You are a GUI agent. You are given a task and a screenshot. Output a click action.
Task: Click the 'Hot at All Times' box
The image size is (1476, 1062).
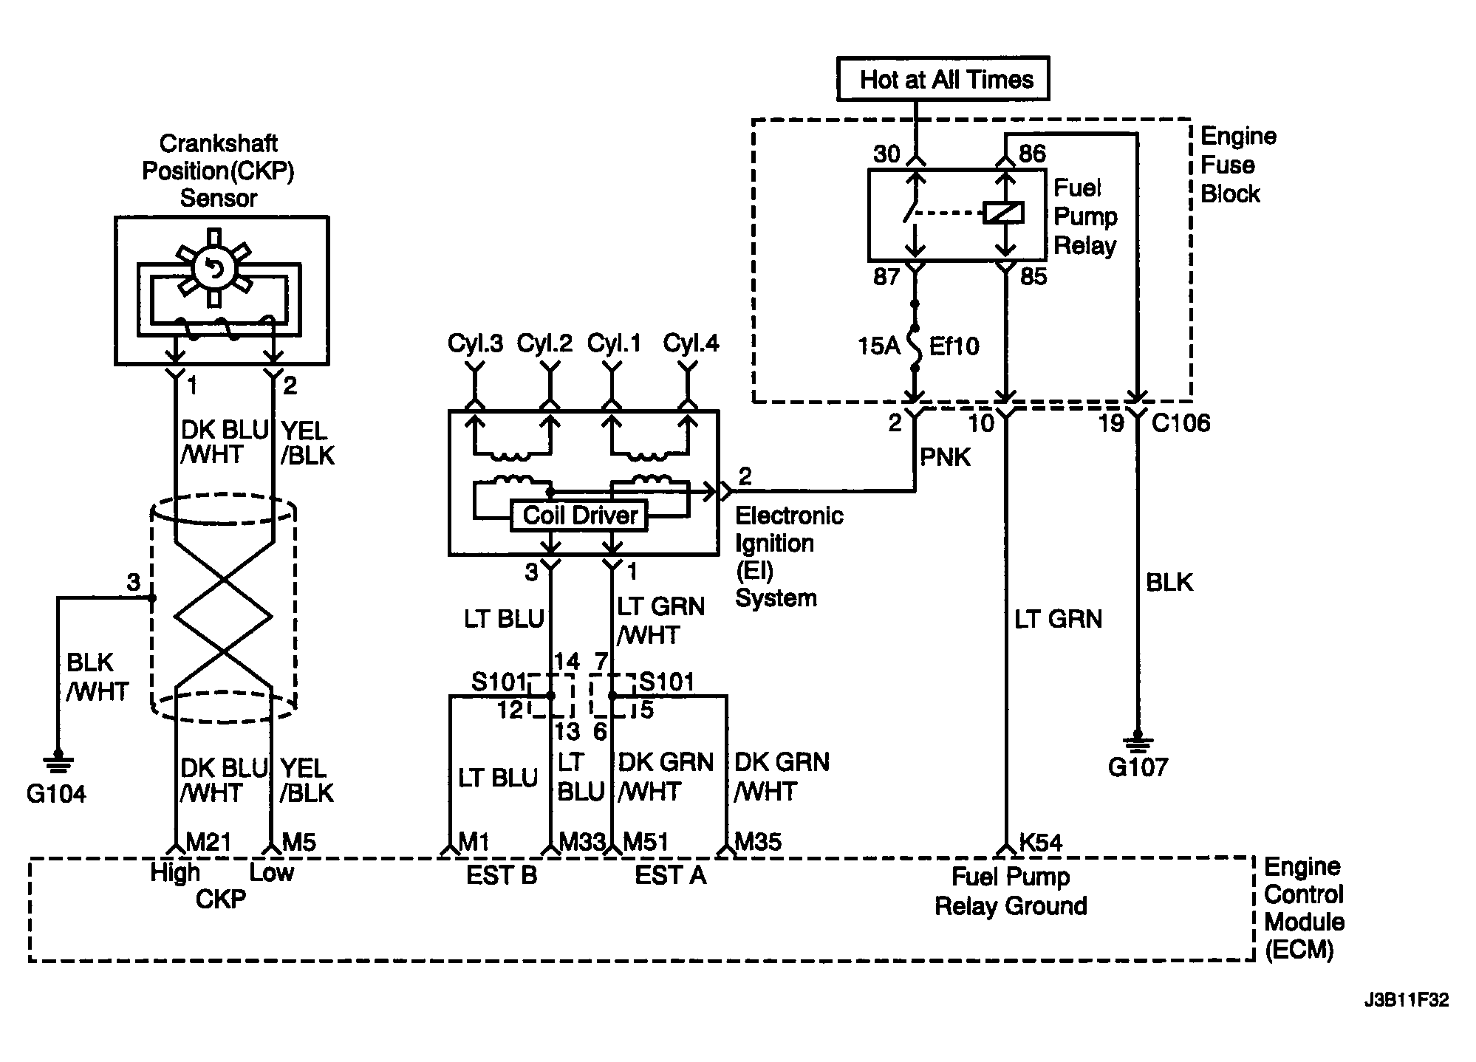(x=943, y=79)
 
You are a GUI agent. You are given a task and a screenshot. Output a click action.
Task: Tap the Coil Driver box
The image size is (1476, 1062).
(x=580, y=515)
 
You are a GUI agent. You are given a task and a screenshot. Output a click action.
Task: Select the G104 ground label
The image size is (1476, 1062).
(x=56, y=795)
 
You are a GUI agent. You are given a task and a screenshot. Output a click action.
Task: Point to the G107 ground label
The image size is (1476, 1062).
(x=1138, y=767)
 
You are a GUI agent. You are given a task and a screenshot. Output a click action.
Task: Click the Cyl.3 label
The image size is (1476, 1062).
(x=475, y=343)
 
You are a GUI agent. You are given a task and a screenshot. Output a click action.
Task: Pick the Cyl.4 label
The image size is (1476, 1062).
(x=691, y=343)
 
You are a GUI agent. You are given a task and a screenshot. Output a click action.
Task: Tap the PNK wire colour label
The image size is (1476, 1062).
(x=945, y=458)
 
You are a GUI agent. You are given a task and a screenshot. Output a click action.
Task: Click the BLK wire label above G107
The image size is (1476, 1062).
(x=1169, y=583)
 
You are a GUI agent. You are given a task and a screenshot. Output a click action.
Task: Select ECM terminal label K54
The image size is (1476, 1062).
(x=1040, y=843)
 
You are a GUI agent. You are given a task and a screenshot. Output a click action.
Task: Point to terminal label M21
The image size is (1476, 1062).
(x=208, y=842)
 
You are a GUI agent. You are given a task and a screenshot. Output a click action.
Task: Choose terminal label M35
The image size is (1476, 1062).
(x=758, y=842)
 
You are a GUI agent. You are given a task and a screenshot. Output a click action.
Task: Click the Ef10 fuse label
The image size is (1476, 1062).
(x=954, y=346)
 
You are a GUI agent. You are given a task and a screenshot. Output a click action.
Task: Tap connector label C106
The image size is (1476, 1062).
(x=1181, y=423)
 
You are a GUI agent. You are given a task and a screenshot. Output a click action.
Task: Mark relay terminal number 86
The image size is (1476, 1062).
(x=1032, y=154)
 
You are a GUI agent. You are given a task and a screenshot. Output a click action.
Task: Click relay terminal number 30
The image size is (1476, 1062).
(x=886, y=154)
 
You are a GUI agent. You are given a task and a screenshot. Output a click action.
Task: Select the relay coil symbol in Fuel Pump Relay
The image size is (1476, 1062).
(x=1004, y=213)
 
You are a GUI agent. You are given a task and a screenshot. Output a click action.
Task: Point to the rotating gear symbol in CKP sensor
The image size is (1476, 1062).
(x=214, y=267)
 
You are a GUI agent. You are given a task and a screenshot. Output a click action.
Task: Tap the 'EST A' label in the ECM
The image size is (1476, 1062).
(x=670, y=876)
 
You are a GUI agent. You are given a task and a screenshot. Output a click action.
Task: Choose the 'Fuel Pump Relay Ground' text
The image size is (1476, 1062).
(x=1010, y=891)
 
